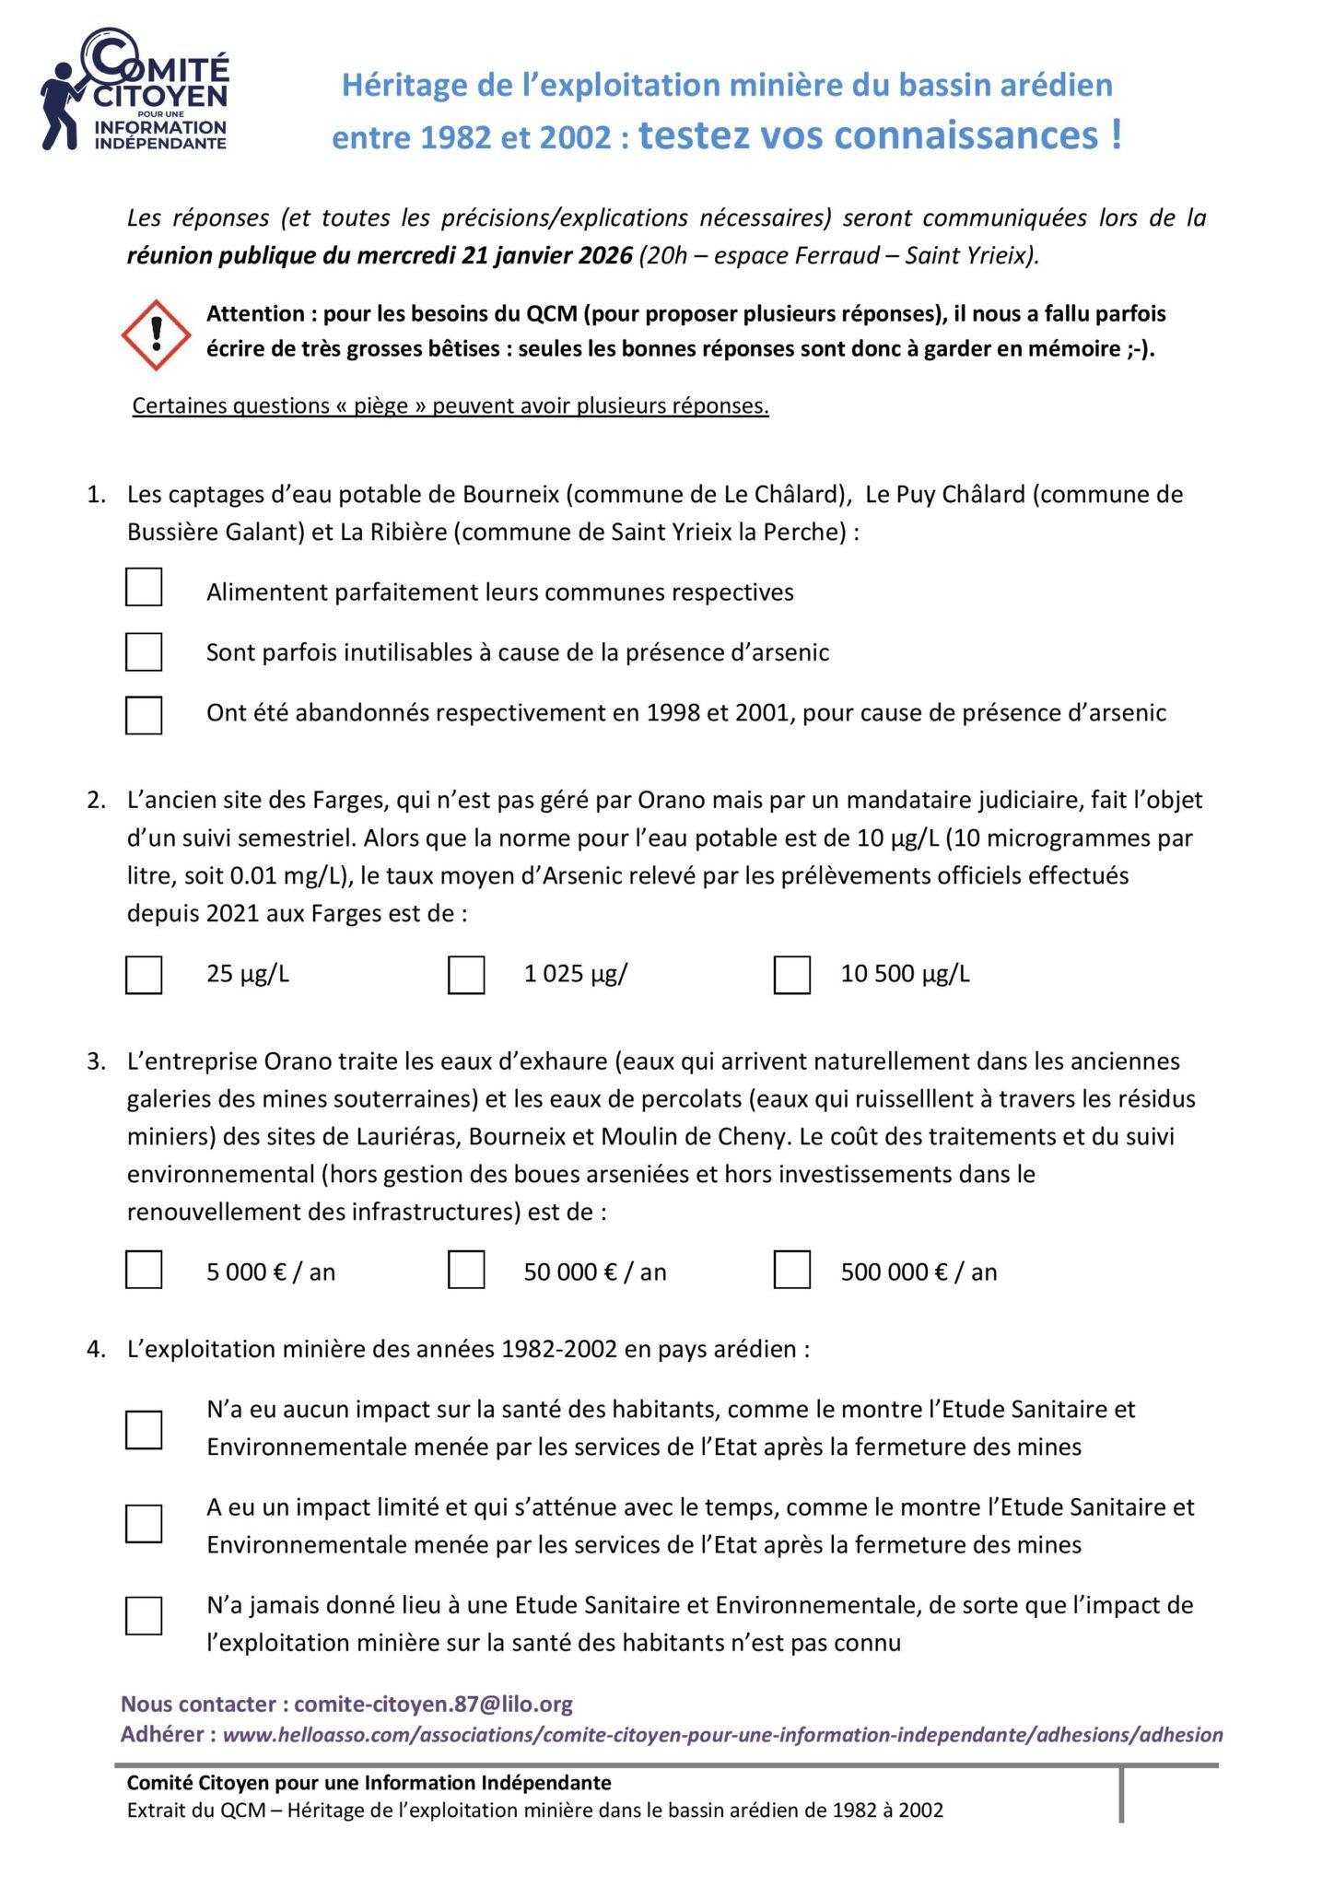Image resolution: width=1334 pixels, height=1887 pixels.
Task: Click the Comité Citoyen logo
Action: click(135, 90)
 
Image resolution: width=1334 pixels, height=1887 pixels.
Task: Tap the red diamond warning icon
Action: click(157, 334)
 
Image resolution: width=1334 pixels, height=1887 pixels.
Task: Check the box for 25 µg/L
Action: click(144, 975)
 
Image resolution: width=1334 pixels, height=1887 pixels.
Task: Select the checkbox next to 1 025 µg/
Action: click(466, 975)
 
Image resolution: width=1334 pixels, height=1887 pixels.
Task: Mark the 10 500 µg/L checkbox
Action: click(792, 975)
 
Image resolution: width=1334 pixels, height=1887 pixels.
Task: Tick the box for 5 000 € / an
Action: click(144, 1270)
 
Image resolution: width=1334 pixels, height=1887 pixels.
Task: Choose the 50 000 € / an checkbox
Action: click(466, 1270)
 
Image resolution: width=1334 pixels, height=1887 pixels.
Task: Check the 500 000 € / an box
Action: click(792, 1270)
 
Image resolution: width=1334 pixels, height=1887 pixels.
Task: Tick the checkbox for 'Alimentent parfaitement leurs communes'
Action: click(144, 588)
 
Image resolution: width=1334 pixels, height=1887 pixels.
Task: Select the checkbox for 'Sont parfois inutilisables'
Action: click(144, 652)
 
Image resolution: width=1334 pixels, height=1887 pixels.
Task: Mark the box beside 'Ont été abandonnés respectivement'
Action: click(144, 715)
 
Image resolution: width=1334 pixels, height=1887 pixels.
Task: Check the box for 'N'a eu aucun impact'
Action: click(144, 1430)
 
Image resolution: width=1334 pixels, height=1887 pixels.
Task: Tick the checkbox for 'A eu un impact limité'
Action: click(144, 1524)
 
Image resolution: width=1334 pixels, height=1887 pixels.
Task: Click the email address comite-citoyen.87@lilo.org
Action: click(433, 1705)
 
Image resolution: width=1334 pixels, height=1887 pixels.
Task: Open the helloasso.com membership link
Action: click(722, 1735)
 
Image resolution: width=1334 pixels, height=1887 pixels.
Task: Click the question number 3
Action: click(96, 1061)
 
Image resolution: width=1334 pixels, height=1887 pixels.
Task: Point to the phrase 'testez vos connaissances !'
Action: click(880, 135)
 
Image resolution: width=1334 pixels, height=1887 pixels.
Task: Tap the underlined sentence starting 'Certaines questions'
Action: click(451, 406)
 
